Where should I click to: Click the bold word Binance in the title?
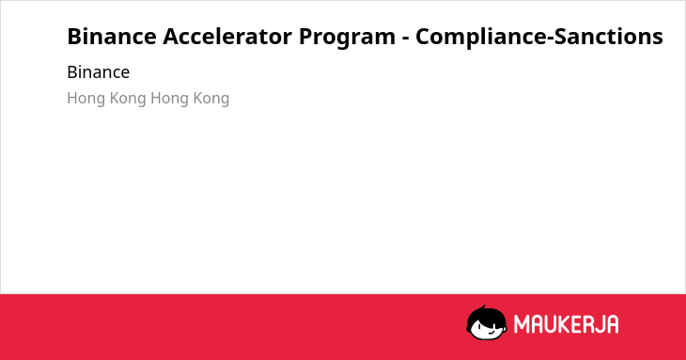tap(112, 37)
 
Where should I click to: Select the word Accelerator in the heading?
tap(227, 37)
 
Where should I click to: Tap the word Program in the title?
tap(347, 39)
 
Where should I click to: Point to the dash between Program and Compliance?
tap(405, 39)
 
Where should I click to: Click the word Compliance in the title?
tap(481, 38)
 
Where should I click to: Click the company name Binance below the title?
tap(99, 72)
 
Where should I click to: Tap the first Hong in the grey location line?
tap(86, 99)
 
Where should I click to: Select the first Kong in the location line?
tap(128, 99)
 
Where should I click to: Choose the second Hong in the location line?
tap(170, 99)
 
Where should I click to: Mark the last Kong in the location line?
tap(211, 99)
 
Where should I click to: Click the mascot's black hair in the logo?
tap(486, 314)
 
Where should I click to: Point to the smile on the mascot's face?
tap(491, 331)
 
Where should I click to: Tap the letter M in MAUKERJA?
tap(522, 324)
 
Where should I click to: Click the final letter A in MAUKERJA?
tap(614, 324)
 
